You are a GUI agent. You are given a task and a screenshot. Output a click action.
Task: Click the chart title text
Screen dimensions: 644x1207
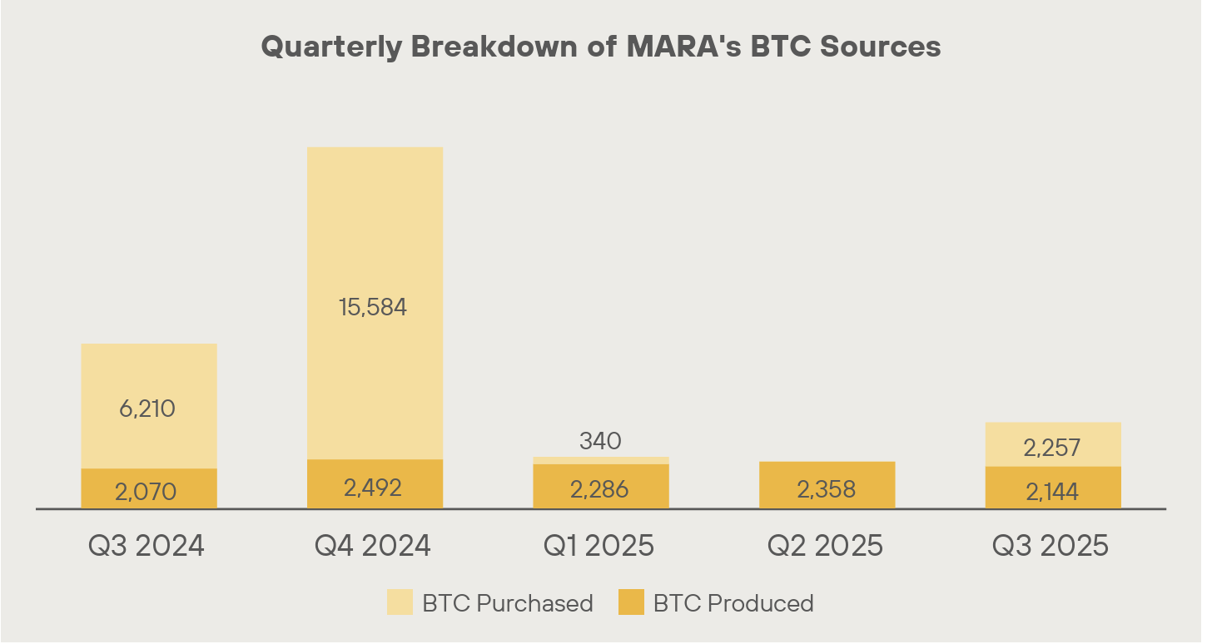601,47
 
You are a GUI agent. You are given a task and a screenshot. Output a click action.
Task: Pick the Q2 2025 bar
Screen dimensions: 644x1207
827,485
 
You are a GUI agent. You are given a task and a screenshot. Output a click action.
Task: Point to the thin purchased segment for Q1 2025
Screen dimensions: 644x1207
600,460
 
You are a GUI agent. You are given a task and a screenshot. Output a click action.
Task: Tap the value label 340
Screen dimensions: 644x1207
600,441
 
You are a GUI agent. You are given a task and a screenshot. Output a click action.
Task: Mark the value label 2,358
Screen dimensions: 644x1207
826,489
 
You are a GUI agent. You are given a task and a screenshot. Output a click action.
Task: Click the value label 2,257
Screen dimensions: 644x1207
1051,448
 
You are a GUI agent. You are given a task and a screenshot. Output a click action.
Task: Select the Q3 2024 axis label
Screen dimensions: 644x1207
147,546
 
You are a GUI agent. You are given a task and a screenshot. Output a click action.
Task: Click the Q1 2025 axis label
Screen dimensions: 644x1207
599,546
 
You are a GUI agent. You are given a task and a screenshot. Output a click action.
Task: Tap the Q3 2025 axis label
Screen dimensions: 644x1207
1051,546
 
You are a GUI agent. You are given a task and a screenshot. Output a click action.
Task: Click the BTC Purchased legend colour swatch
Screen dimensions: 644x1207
400,602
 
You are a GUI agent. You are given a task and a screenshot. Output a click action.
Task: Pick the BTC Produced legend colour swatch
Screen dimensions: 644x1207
631,602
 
